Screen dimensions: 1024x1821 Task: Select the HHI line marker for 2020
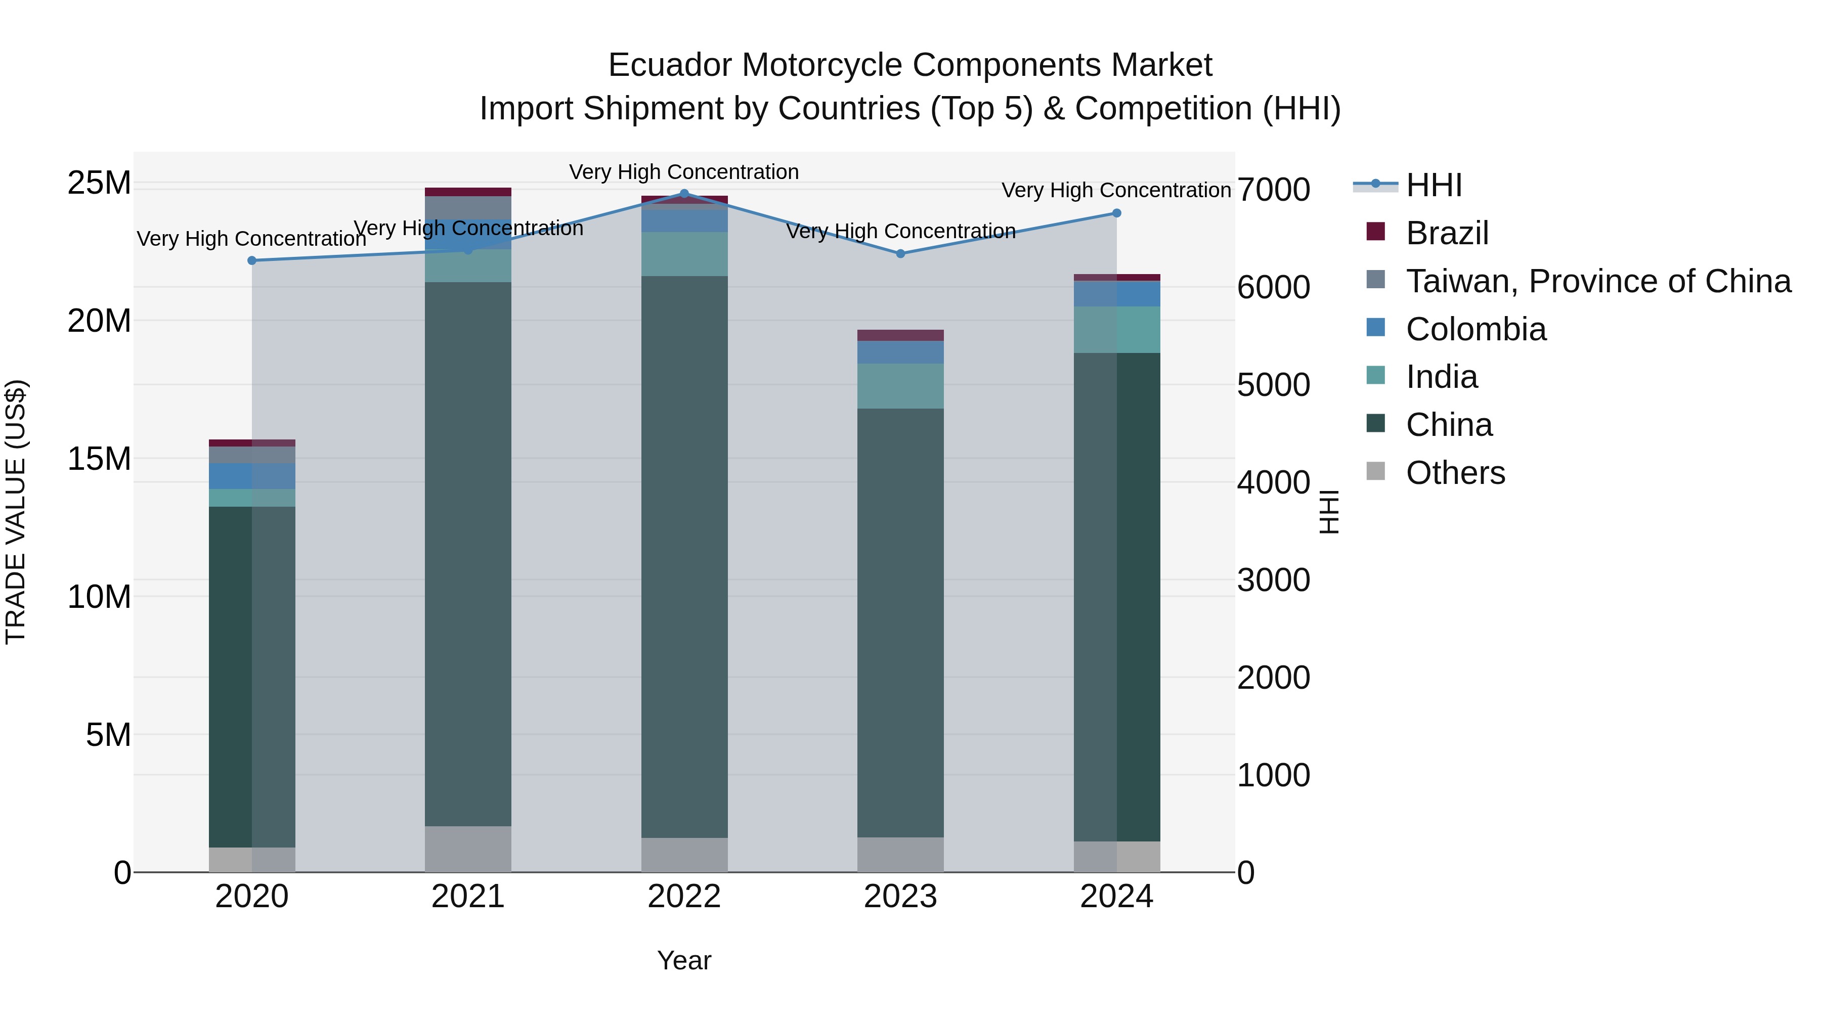(x=252, y=261)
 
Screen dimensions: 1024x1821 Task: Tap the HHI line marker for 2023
(x=900, y=254)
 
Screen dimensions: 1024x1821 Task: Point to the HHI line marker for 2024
(x=1116, y=213)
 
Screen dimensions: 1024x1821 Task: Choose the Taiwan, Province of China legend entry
(x=1597, y=281)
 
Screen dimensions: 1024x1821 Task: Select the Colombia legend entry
(x=1476, y=329)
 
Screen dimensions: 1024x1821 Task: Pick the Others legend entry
(x=1455, y=473)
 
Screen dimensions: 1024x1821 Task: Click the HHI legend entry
(x=1433, y=185)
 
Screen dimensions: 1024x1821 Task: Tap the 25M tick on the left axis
(x=99, y=183)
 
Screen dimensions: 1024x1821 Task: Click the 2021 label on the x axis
(x=468, y=897)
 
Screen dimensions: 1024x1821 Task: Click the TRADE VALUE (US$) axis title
(x=16, y=512)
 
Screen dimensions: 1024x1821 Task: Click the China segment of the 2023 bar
(x=900, y=622)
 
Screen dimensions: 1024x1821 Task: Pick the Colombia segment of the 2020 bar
(x=252, y=476)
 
